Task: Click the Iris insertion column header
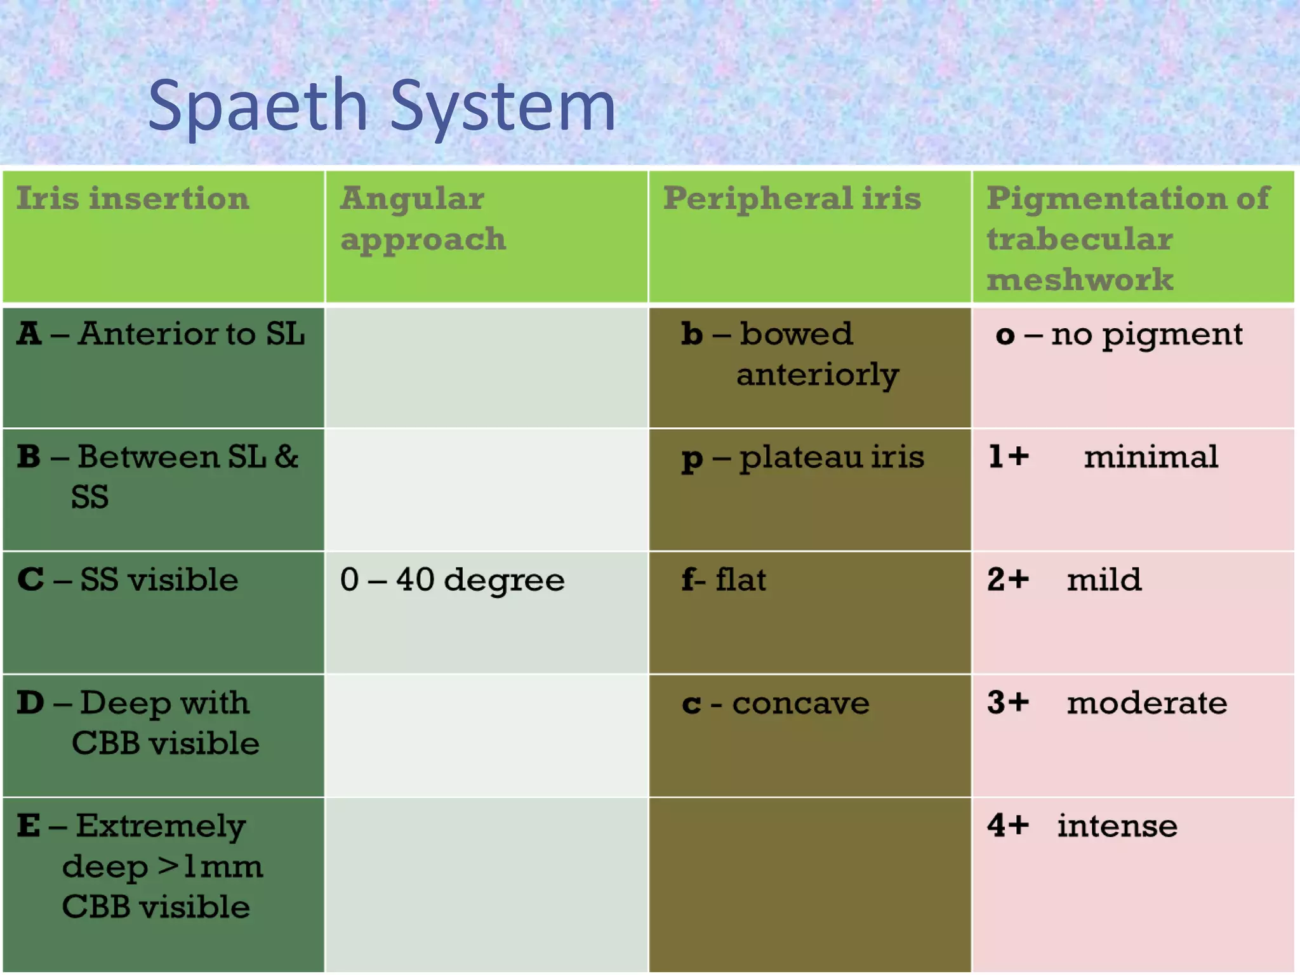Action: (x=133, y=199)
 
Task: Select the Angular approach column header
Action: (x=423, y=219)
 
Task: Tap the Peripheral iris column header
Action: (x=792, y=199)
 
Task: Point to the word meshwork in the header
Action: (x=1080, y=280)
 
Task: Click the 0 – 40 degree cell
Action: (x=452, y=580)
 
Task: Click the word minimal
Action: (x=1150, y=457)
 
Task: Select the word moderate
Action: (x=1146, y=703)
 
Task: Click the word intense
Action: (x=1117, y=826)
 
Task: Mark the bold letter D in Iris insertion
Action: (x=30, y=703)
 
